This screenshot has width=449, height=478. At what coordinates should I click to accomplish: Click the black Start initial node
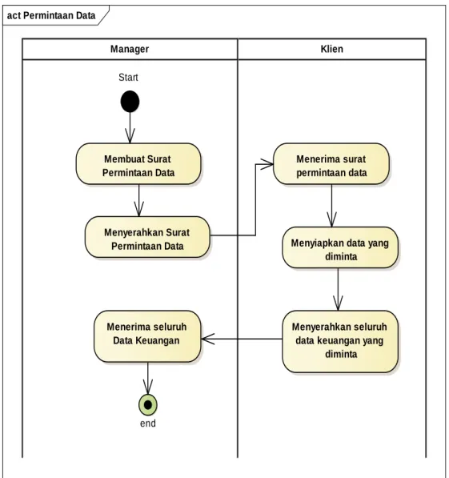coord(130,101)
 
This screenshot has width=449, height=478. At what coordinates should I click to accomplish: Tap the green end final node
coord(148,405)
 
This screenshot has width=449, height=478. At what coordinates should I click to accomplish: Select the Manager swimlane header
coord(130,49)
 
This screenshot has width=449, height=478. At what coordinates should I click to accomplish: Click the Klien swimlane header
coord(331,49)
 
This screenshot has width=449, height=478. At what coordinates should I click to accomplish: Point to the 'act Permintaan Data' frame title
coord(51,15)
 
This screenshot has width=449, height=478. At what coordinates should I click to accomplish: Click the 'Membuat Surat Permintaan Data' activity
coord(138,164)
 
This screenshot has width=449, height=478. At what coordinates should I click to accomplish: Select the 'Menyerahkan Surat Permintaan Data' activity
coord(147,237)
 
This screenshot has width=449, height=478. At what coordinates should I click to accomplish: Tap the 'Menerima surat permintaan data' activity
coord(331,164)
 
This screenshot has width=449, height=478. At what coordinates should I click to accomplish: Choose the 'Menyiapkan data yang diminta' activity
coord(340,247)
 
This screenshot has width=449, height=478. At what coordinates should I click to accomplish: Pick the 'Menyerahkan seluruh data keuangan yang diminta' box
coord(340,341)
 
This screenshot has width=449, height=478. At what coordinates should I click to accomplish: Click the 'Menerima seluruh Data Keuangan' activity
coord(147,336)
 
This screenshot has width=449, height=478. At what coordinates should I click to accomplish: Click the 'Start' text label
coord(128,78)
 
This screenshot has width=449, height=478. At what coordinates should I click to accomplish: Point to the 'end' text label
coord(148,424)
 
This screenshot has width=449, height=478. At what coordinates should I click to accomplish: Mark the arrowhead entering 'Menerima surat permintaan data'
coord(267,164)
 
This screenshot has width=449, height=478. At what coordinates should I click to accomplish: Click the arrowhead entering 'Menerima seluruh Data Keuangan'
coord(208,339)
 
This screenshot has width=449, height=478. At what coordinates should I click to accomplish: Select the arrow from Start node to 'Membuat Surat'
coord(130,128)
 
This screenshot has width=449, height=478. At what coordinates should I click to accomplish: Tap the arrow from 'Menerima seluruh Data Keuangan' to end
coord(148,378)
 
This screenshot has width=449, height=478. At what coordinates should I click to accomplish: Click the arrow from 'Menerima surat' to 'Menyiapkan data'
coord(331,206)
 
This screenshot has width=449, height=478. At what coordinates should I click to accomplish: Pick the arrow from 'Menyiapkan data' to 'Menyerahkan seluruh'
coord(338,289)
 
